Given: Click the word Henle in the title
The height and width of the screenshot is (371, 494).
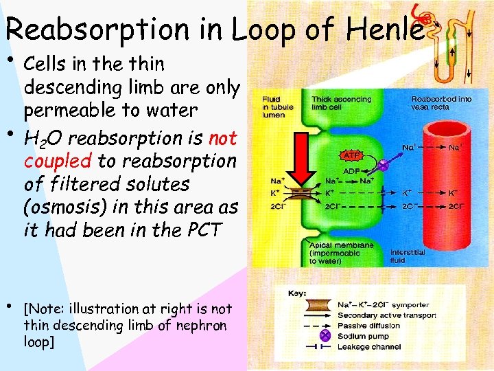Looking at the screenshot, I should pyautogui.click(x=382, y=28).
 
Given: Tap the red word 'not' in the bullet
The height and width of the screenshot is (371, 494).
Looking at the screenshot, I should pyautogui.click(x=222, y=138).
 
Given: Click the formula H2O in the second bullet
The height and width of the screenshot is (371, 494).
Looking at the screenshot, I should pyautogui.click(x=44, y=139).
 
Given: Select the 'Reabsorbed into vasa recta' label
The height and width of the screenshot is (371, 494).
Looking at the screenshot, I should pyautogui.click(x=441, y=103).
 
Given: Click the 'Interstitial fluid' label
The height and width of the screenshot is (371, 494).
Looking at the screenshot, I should pyautogui.click(x=408, y=257).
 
